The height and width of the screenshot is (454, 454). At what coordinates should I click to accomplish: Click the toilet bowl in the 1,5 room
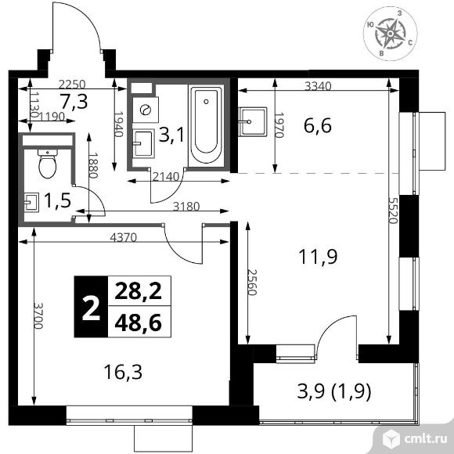pyautogui.click(x=48, y=164)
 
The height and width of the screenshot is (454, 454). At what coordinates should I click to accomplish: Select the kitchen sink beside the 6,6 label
pyautogui.click(x=253, y=121)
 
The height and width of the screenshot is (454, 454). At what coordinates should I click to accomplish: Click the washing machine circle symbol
pyautogui.click(x=146, y=110)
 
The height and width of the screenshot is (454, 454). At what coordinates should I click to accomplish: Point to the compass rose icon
pyautogui.click(x=390, y=34)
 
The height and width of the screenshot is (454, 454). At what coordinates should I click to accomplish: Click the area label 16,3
pyautogui.click(x=123, y=372)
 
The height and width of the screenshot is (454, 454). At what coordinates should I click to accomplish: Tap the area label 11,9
pyautogui.click(x=318, y=257)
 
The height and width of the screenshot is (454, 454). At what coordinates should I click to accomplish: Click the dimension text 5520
pyautogui.click(x=392, y=211)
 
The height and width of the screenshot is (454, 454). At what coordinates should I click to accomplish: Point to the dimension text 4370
pyautogui.click(x=123, y=238)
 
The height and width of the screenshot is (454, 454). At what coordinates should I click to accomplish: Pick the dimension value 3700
pyautogui.click(x=38, y=315)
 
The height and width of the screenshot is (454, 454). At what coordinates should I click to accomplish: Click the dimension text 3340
pyautogui.click(x=318, y=86)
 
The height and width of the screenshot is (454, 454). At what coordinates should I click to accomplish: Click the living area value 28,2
pyautogui.click(x=138, y=291)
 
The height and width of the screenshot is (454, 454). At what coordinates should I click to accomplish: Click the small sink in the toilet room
pyautogui.click(x=31, y=203)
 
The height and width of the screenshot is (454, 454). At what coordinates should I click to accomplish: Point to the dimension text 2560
pyautogui.click(x=252, y=283)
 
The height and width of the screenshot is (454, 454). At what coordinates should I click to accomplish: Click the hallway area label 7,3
pyautogui.click(x=74, y=102)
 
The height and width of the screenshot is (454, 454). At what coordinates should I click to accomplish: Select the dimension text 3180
pyautogui.click(x=186, y=207)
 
